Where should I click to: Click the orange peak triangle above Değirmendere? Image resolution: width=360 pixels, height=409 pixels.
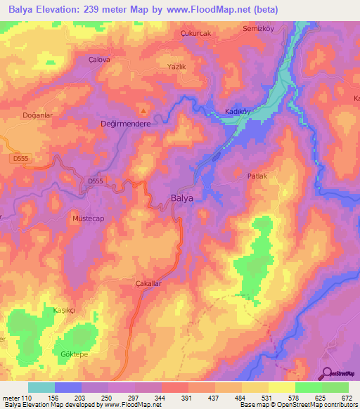pyautogui.click(x=143, y=110)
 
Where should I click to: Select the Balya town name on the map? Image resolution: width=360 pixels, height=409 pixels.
pyautogui.click(x=182, y=198)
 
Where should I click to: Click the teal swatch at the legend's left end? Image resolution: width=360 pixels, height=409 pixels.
pyautogui.click(x=41, y=387)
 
